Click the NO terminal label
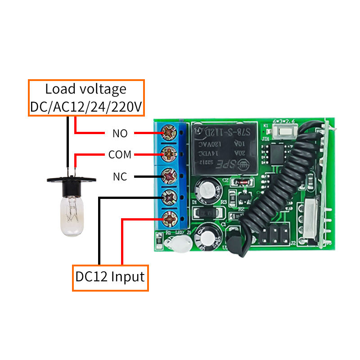point(120,133)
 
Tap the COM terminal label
point(120,155)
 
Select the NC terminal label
point(120,176)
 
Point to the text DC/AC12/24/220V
point(86,107)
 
